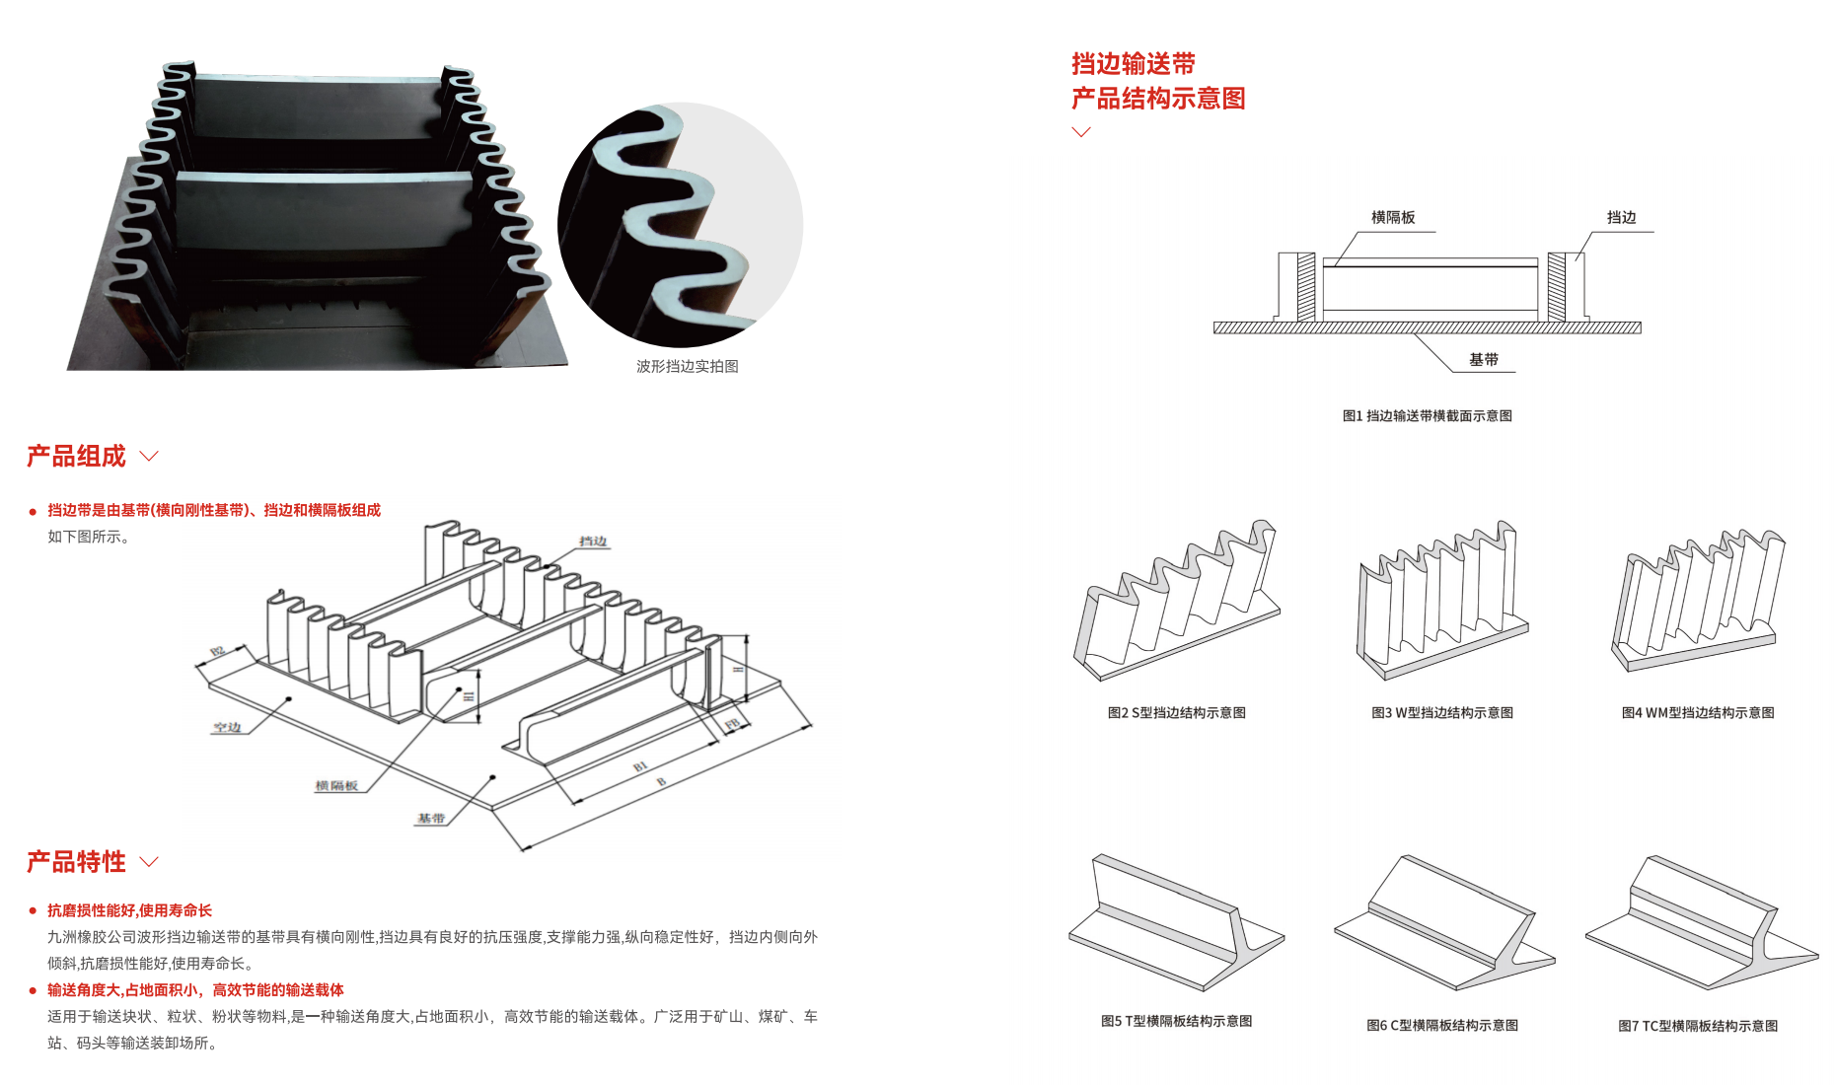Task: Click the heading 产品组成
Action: [76, 456]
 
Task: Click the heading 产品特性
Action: [76, 861]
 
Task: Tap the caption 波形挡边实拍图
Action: [687, 366]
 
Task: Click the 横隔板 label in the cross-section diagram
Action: [1392, 217]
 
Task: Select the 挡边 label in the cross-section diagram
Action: [1621, 217]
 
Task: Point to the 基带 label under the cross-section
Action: [1483, 360]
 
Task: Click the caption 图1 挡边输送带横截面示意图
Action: [1427, 416]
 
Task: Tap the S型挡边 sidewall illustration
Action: [1176, 602]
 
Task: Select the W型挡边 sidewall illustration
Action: [1441, 602]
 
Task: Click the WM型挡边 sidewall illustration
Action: [1698, 602]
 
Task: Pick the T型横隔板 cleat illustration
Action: [1175, 922]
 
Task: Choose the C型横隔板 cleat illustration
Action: [1442, 922]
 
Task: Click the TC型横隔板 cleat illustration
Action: [1700, 922]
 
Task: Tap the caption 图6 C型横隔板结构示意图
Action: [1441, 1026]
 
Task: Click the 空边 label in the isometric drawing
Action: [227, 727]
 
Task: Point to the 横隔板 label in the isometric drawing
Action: [336, 786]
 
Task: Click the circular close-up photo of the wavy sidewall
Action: [681, 225]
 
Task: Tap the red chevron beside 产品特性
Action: [149, 861]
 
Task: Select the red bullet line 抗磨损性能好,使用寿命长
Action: [129, 910]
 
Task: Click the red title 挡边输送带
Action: [1133, 64]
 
